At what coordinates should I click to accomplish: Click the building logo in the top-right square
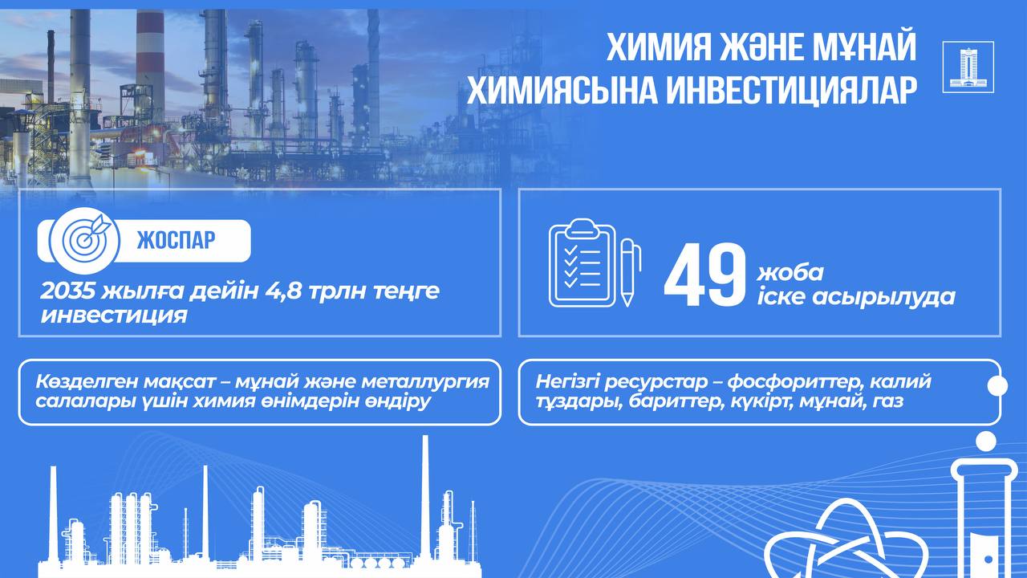968,67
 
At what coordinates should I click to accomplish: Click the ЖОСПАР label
176,240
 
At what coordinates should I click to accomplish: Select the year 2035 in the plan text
67,291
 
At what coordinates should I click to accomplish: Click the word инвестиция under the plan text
114,315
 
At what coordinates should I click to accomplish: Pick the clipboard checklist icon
583,263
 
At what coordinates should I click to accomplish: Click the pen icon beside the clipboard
631,272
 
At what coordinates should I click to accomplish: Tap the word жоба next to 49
790,273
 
